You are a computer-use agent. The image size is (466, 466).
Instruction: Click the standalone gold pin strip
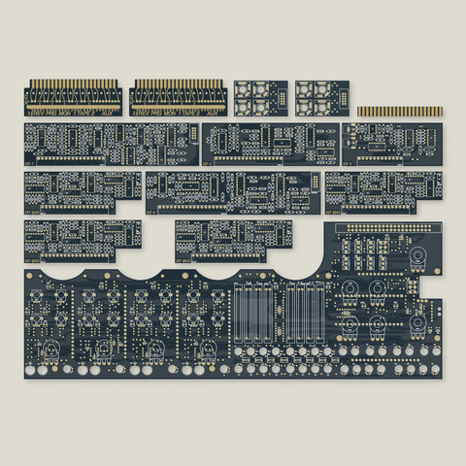click(x=399, y=112)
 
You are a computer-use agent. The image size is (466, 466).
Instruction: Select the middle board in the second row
click(x=269, y=143)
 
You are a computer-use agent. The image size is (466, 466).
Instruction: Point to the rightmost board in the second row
click(x=391, y=143)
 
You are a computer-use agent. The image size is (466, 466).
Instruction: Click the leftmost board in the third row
click(x=82, y=190)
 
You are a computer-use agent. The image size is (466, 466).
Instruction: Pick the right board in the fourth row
click(x=233, y=239)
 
